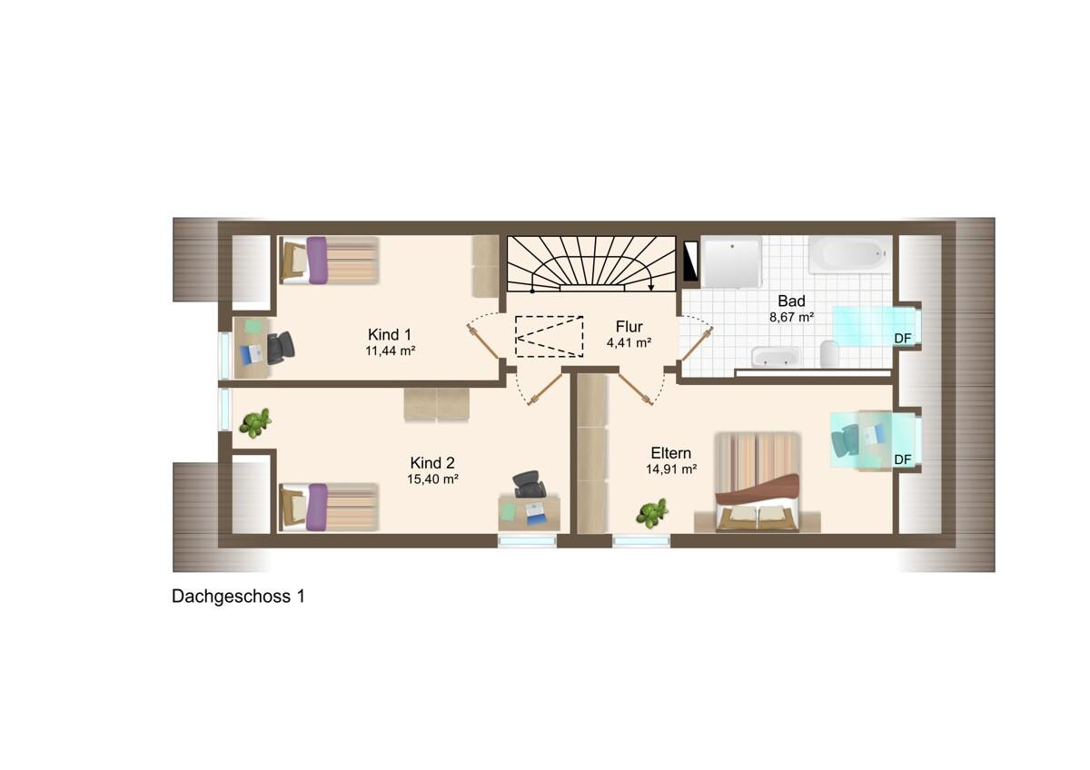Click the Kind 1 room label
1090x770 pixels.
[390, 335]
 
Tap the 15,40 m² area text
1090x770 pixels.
[432, 479]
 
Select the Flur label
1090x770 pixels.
[629, 326]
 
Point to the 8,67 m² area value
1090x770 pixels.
[792, 317]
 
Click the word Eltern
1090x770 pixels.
[670, 453]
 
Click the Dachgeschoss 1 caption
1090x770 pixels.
[238, 597]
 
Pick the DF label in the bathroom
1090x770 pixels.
[902, 338]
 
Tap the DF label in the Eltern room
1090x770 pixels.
[902, 459]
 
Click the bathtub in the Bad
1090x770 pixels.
[849, 254]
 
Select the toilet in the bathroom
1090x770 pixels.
[828, 353]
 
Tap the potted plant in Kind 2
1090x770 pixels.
[254, 422]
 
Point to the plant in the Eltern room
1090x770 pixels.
[652, 513]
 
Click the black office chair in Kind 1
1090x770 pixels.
[280, 347]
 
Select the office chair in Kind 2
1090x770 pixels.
[530, 484]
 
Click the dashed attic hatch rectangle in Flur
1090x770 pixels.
[549, 336]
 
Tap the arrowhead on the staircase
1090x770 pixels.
[651, 287]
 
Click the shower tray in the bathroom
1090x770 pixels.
[731, 262]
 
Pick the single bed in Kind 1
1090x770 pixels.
[329, 261]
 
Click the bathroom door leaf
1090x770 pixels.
[698, 344]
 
